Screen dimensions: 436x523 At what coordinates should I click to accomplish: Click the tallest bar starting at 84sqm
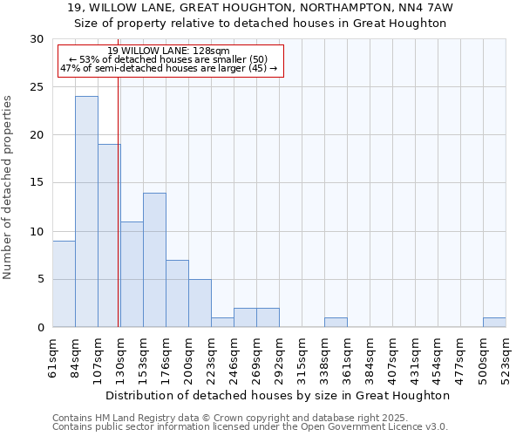(x=86, y=212)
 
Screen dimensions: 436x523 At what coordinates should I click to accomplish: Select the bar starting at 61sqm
(x=64, y=284)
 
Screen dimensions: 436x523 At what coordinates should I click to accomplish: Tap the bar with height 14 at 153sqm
(x=154, y=260)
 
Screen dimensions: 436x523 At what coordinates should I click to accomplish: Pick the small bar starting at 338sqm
(x=336, y=323)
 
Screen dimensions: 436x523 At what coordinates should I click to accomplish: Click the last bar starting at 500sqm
(x=494, y=323)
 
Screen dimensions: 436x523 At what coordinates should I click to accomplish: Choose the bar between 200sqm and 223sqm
(x=200, y=303)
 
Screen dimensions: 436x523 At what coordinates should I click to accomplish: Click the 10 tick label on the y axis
(x=37, y=232)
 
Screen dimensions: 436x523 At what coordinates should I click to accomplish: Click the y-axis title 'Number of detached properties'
(x=9, y=187)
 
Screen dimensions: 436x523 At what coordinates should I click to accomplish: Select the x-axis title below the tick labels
(x=279, y=395)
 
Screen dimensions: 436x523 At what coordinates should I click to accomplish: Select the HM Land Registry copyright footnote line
(x=248, y=418)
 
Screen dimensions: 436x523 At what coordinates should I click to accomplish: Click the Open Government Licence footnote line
(x=250, y=427)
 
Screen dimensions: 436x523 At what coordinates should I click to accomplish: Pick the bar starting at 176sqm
(x=177, y=294)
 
